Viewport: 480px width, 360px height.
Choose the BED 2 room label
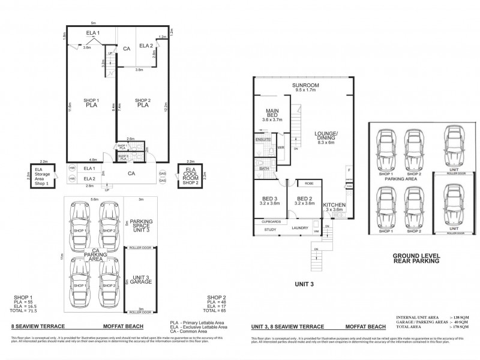tap(305, 200)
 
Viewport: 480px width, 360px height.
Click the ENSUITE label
tap(263, 139)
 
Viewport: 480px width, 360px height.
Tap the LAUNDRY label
tap(300, 227)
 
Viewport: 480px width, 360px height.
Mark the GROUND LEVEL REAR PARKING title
tap(415, 258)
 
